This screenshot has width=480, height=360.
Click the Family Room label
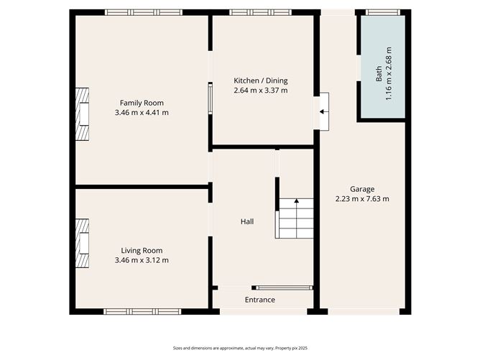[142, 103]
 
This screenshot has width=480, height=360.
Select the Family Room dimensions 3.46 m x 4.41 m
[142, 113]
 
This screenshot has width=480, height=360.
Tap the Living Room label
[142, 250]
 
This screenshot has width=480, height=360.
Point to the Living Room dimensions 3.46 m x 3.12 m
[142, 260]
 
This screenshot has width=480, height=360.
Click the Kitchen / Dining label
[260, 80]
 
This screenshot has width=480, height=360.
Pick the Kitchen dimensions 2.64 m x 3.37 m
[260, 91]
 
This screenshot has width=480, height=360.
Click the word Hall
[246, 221]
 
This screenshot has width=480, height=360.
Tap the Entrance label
[260, 300]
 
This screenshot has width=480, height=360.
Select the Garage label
[362, 189]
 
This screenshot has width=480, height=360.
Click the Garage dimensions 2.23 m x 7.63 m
[362, 199]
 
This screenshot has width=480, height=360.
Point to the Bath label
[379, 75]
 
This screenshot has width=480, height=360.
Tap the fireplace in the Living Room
[83, 244]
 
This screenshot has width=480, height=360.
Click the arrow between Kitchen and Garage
[323, 111]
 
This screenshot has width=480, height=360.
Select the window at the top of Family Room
[143, 12]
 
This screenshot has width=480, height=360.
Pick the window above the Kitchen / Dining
[260, 12]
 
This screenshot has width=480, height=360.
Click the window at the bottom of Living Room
[142, 312]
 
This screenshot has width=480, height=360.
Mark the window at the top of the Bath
[383, 12]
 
